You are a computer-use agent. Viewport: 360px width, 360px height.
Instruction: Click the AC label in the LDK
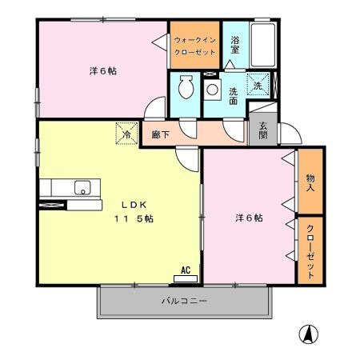click(186, 270)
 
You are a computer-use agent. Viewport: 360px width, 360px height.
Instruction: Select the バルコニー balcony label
click(185, 301)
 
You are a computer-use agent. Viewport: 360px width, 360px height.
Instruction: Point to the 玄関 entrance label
click(263, 132)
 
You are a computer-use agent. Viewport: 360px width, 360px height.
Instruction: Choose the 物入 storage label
click(310, 182)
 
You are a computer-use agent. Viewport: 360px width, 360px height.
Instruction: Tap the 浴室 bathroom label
click(236, 46)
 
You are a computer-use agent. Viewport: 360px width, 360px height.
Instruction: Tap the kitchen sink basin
click(82, 188)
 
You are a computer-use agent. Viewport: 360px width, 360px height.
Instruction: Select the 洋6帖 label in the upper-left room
click(102, 71)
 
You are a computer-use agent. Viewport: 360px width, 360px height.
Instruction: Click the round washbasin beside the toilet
click(212, 88)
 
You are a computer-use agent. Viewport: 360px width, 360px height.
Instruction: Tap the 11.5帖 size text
click(133, 218)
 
